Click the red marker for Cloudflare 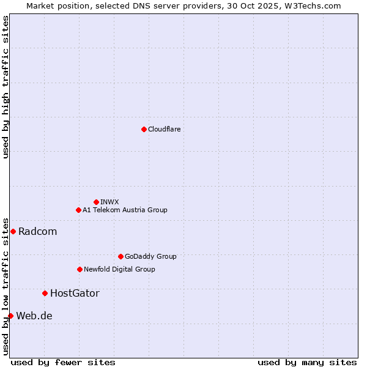[x=144, y=129]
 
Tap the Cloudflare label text [x=164, y=129]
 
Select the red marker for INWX [x=96, y=202]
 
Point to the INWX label [x=109, y=202]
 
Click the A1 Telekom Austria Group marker [x=78, y=210]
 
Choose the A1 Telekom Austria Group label [x=125, y=210]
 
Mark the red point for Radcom [x=13, y=231]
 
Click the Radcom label [x=37, y=231]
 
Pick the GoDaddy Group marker [x=120, y=256]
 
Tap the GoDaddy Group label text [x=150, y=256]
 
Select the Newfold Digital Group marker [x=80, y=269]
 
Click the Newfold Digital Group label [x=119, y=269]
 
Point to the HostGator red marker [x=45, y=293]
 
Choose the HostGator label [x=75, y=293]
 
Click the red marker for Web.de [x=10, y=316]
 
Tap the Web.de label [x=34, y=316]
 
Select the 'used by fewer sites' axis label [x=63, y=362]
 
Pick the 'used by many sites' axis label [x=307, y=362]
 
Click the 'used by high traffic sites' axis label [x=6, y=87]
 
